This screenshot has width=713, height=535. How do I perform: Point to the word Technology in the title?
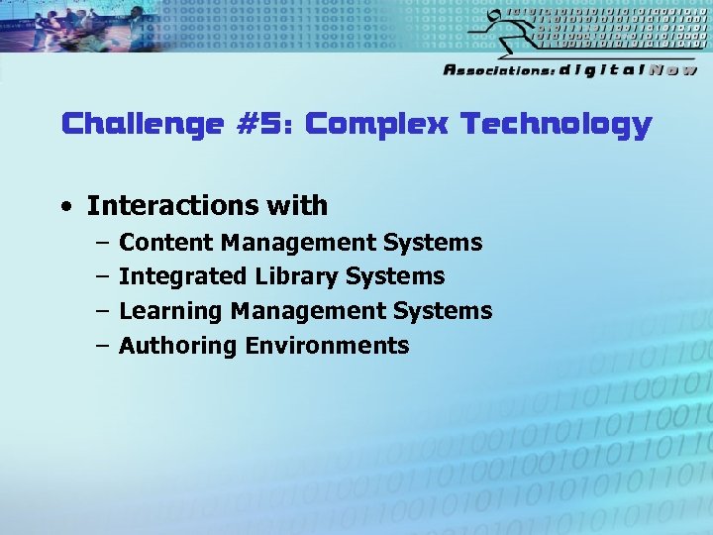(557, 125)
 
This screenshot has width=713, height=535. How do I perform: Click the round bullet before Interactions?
(65, 207)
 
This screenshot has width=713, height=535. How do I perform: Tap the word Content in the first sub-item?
(166, 243)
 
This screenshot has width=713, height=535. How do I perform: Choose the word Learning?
(170, 311)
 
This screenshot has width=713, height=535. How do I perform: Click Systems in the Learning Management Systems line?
(443, 311)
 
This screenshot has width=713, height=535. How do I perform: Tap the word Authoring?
(177, 346)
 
